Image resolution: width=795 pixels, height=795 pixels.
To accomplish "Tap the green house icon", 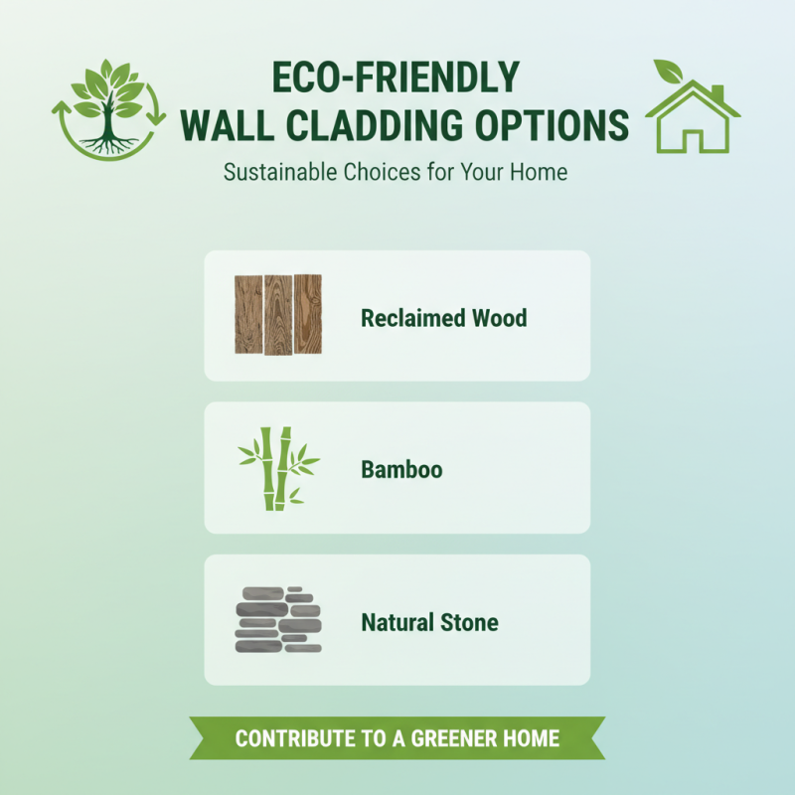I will point(694,117).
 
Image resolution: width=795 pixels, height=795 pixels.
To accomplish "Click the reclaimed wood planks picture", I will point(278,315).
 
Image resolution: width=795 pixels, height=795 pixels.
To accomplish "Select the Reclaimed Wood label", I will point(443,318).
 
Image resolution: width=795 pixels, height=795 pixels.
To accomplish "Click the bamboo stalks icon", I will point(278,468).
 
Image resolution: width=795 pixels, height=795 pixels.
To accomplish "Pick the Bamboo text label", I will point(401,469).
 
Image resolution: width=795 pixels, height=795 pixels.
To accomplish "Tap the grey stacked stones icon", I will point(278,620).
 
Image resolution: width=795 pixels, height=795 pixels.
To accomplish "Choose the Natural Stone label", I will point(429,623).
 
